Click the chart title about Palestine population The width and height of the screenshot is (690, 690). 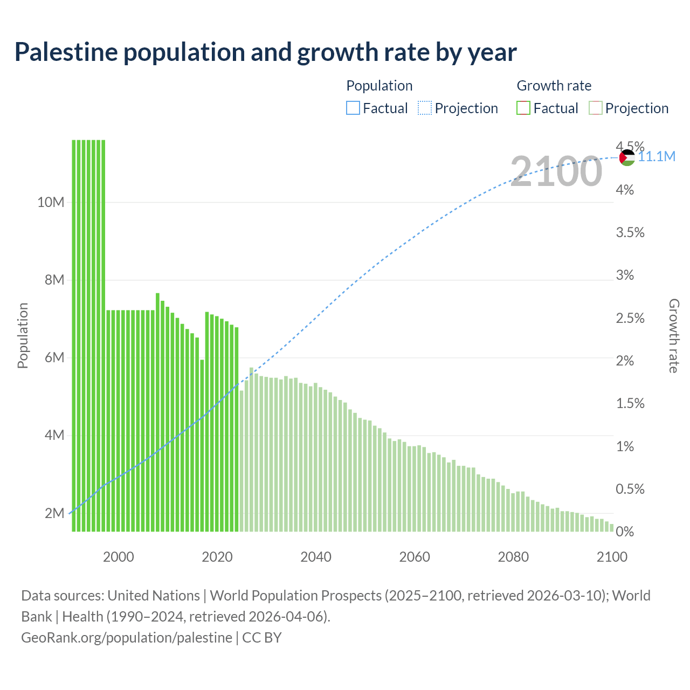pos(265,52)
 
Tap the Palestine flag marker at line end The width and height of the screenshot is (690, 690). pos(627,157)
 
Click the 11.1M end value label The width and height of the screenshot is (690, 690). pos(657,157)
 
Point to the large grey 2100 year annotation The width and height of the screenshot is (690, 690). pos(556,171)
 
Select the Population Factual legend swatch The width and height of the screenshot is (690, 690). pos(353,108)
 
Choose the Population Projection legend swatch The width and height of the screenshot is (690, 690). pos(424,108)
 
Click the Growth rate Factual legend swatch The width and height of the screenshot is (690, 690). pos(523,108)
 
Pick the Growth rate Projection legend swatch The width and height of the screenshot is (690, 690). pos(595,108)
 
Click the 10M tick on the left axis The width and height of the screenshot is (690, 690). pos(51,203)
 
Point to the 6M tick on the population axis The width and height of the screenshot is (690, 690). pos(54,358)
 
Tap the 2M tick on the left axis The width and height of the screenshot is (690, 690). pos(54,513)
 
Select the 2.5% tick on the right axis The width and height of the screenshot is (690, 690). pos(630,318)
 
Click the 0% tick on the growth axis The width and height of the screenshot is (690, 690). pos(625,532)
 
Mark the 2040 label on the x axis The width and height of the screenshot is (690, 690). pos(316,557)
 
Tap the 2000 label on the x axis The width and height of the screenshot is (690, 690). pos(119,557)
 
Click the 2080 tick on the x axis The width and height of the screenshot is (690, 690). pos(513,557)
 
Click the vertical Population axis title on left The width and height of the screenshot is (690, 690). pos(23,335)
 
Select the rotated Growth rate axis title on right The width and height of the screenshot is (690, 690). pos(673,335)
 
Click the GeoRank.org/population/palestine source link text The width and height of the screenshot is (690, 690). pos(127,638)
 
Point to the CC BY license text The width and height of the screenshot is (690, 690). pos(262,638)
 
